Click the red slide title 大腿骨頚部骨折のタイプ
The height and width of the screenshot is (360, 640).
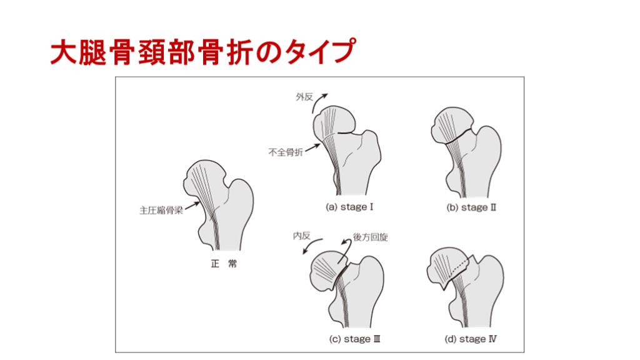pyautogui.click(x=203, y=52)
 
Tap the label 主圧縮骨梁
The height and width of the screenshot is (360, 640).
pyautogui.click(x=161, y=211)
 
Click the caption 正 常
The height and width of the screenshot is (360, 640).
pyautogui.click(x=224, y=264)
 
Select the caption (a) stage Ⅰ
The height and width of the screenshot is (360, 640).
pyautogui.click(x=349, y=207)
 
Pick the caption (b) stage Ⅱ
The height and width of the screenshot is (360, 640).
pyautogui.click(x=471, y=207)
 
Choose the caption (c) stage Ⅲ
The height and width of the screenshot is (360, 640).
pyautogui.click(x=355, y=339)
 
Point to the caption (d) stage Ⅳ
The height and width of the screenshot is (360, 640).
pyautogui.click(x=471, y=339)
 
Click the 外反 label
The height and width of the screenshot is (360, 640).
pyautogui.click(x=304, y=97)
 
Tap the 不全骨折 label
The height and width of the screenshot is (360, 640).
pyautogui.click(x=285, y=152)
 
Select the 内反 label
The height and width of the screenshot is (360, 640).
pyautogui.click(x=302, y=236)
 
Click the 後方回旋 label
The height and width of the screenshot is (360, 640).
pyautogui.click(x=370, y=237)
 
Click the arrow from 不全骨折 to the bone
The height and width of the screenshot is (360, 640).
pyautogui.click(x=312, y=147)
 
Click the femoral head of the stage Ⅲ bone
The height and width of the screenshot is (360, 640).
pyautogui.click(x=326, y=271)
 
